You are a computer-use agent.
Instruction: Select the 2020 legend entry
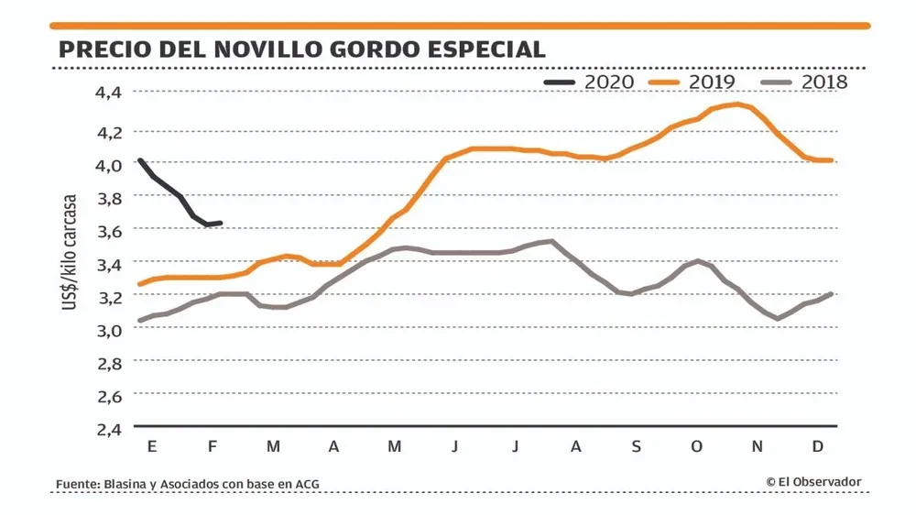[x=588, y=82]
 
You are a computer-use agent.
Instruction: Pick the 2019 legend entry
[x=692, y=82]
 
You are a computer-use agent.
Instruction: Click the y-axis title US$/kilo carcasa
[x=70, y=251]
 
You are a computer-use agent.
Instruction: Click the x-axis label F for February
[x=212, y=446]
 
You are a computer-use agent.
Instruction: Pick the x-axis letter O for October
[x=696, y=446]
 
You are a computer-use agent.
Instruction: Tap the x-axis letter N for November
[x=757, y=446]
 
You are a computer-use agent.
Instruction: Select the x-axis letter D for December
[x=818, y=446]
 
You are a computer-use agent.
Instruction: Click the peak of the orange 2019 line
[x=736, y=104]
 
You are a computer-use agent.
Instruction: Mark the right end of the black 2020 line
[x=221, y=223]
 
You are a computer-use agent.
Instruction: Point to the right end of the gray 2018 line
[x=830, y=294]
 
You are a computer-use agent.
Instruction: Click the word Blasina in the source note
[x=127, y=483]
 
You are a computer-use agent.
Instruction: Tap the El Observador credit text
[x=814, y=482]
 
